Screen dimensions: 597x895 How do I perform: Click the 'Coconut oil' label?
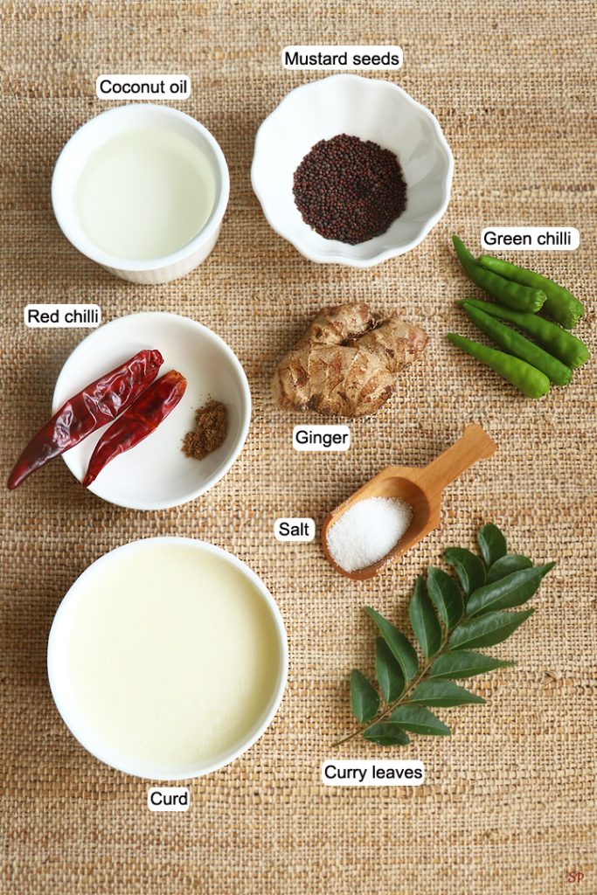(x=142, y=87)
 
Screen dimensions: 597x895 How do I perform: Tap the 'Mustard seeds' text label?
(x=342, y=59)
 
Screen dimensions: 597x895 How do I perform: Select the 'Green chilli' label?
(x=527, y=238)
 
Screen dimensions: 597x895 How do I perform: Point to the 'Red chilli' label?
(x=63, y=316)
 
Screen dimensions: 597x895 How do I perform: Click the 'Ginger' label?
(x=322, y=438)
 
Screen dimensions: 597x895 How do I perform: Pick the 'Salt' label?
(x=294, y=529)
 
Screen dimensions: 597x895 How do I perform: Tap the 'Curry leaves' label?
(x=373, y=773)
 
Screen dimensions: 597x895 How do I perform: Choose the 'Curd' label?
(x=169, y=798)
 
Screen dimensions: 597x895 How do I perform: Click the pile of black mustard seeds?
(x=350, y=189)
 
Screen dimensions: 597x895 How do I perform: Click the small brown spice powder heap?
(x=205, y=429)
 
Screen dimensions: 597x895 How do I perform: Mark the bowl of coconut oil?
(x=141, y=193)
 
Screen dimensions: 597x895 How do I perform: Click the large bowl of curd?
(x=167, y=657)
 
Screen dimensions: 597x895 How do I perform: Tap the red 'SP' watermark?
(x=575, y=876)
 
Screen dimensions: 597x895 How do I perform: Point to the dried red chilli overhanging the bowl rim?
(x=86, y=419)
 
